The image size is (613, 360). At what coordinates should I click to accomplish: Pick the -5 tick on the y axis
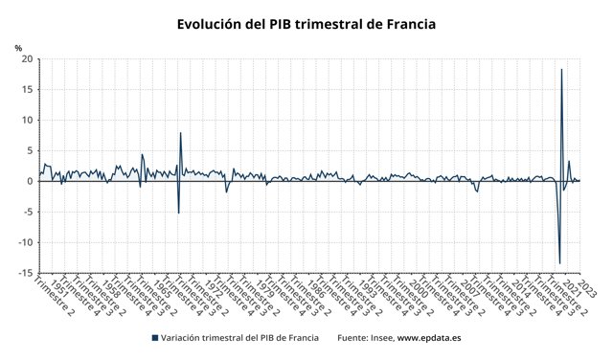tap(28, 212)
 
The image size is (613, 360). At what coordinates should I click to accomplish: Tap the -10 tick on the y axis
tap(25, 242)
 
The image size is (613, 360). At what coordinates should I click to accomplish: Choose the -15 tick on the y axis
tap(25, 273)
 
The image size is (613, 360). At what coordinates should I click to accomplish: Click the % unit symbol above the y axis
tap(18, 47)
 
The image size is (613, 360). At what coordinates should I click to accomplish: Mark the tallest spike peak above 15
tap(561, 70)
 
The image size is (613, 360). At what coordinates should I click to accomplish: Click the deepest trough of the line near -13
tap(559, 263)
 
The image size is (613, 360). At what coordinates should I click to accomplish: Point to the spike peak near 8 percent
tap(180, 133)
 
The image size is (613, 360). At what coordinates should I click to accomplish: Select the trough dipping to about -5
tap(178, 213)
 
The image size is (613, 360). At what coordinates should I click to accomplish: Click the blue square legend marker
tap(155, 338)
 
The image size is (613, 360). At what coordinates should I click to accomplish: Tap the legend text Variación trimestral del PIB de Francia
tap(240, 338)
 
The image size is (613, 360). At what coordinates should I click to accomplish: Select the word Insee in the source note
tap(381, 338)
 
